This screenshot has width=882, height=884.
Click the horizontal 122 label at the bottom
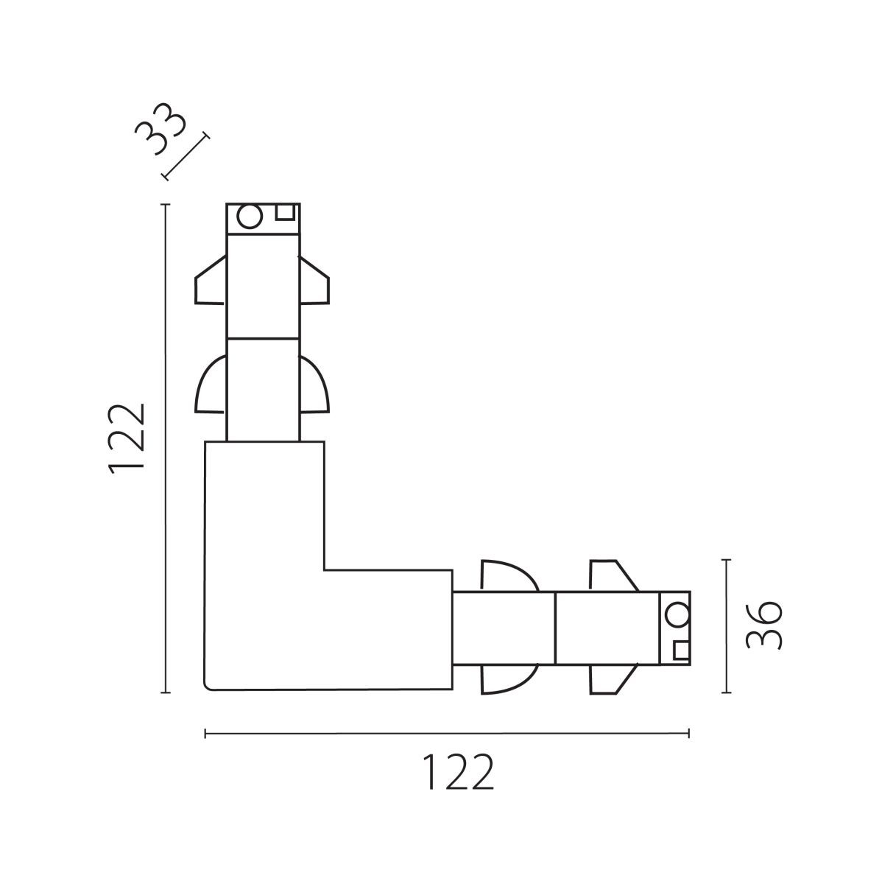(458, 772)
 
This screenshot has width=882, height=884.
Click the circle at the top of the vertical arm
(250, 216)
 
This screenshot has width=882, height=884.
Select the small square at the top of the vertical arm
(285, 212)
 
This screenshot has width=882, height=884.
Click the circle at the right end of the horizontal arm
(677, 614)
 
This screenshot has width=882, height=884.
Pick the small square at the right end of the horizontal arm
(682, 650)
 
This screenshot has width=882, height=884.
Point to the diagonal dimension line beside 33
(186, 157)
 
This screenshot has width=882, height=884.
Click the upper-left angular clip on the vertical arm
(210, 280)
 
